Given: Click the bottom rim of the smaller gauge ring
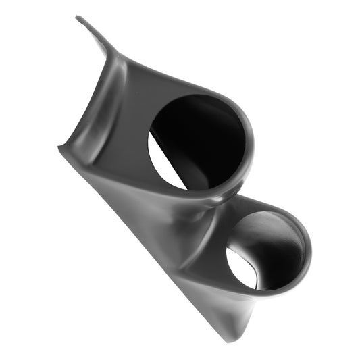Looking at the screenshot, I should pyautogui.click(x=270, y=294).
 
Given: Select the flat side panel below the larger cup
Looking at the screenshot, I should pyautogui.click(x=149, y=216).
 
